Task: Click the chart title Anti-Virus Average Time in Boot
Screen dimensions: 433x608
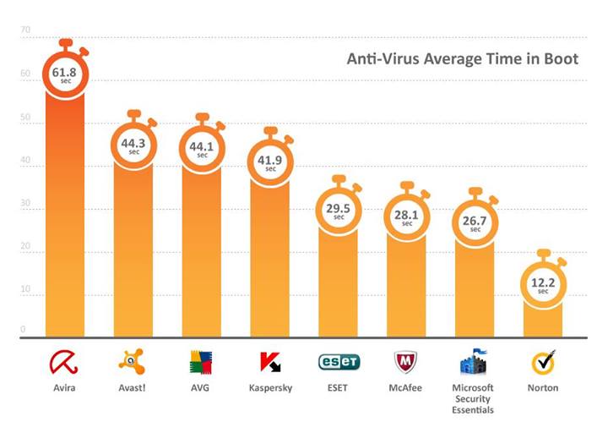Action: click(x=463, y=59)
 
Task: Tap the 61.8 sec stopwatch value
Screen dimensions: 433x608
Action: click(x=65, y=75)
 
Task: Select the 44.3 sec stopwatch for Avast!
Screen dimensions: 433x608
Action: click(x=133, y=146)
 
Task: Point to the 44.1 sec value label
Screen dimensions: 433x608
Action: click(x=202, y=149)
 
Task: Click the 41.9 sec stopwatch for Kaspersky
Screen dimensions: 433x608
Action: click(x=270, y=162)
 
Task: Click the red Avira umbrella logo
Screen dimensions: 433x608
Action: click(x=65, y=363)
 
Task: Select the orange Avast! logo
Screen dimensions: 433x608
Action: click(x=133, y=362)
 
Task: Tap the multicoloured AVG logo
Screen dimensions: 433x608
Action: click(x=202, y=362)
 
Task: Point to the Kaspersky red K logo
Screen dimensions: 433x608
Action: click(x=270, y=362)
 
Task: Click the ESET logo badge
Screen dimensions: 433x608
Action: click(x=339, y=362)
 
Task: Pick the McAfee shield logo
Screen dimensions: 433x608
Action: click(x=407, y=362)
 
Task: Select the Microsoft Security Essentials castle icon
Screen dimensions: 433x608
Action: click(x=475, y=362)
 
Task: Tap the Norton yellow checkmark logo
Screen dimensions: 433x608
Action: click(x=544, y=362)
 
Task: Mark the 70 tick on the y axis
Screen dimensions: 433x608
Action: click(x=25, y=31)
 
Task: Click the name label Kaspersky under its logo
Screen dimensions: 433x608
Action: click(x=270, y=388)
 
